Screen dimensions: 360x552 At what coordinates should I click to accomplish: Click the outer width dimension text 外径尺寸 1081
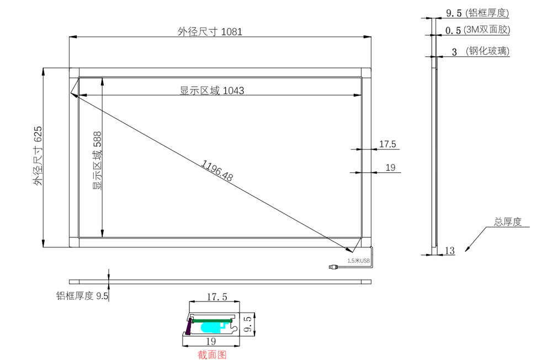(x=210, y=32)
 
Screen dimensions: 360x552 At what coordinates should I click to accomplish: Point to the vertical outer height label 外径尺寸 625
(x=38, y=156)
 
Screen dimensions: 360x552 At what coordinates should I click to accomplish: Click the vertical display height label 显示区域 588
(x=97, y=161)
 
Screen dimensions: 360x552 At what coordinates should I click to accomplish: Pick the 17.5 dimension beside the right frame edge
(x=387, y=145)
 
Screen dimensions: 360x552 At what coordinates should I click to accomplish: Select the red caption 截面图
(x=212, y=355)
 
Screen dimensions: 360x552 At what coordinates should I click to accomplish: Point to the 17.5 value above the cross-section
(x=216, y=297)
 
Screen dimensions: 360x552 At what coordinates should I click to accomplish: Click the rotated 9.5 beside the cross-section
(x=248, y=324)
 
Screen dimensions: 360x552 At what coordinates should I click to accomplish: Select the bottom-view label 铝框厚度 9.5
(x=82, y=296)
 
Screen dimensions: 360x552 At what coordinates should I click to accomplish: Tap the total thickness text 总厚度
(x=507, y=222)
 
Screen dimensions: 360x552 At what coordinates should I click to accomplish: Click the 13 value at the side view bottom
(x=449, y=251)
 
